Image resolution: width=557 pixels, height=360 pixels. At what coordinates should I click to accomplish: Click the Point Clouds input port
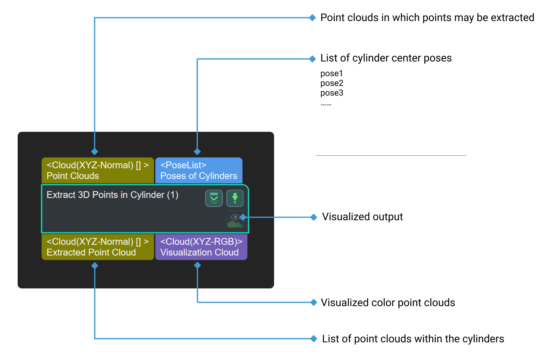tap(98, 171)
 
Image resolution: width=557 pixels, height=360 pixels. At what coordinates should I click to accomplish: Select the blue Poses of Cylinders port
tap(199, 171)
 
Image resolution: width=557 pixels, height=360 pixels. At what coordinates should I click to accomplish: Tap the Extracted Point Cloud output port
tap(98, 247)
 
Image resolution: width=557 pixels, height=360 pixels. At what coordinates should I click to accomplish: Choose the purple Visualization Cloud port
tap(201, 247)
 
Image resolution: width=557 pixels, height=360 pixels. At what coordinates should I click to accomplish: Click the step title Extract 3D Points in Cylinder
tap(112, 195)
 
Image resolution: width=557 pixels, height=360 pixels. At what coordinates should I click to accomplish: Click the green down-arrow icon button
tap(235, 198)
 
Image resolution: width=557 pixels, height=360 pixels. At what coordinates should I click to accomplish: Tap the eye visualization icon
tap(235, 219)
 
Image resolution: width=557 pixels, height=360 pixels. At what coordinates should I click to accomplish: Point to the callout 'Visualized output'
tap(362, 217)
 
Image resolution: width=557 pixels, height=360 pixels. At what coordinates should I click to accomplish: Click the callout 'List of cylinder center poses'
tap(386, 58)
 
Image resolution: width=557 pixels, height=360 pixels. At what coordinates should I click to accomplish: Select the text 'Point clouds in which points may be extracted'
tap(427, 18)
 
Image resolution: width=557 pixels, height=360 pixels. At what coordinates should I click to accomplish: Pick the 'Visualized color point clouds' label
tap(388, 303)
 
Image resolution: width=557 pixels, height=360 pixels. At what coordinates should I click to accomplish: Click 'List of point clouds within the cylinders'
tap(413, 339)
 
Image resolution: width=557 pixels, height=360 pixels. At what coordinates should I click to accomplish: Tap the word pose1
tap(332, 74)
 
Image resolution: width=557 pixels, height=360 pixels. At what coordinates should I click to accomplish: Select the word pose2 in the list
tap(332, 83)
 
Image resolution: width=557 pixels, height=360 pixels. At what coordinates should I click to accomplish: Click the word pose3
tap(332, 93)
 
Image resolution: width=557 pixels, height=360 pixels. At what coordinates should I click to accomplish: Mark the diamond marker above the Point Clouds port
tap(95, 151)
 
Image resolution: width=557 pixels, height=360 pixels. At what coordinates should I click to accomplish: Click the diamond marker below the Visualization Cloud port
tap(197, 265)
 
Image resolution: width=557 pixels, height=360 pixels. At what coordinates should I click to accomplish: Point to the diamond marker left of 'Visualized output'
tap(313, 217)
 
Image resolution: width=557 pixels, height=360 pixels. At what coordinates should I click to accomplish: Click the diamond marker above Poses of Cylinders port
tap(197, 151)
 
